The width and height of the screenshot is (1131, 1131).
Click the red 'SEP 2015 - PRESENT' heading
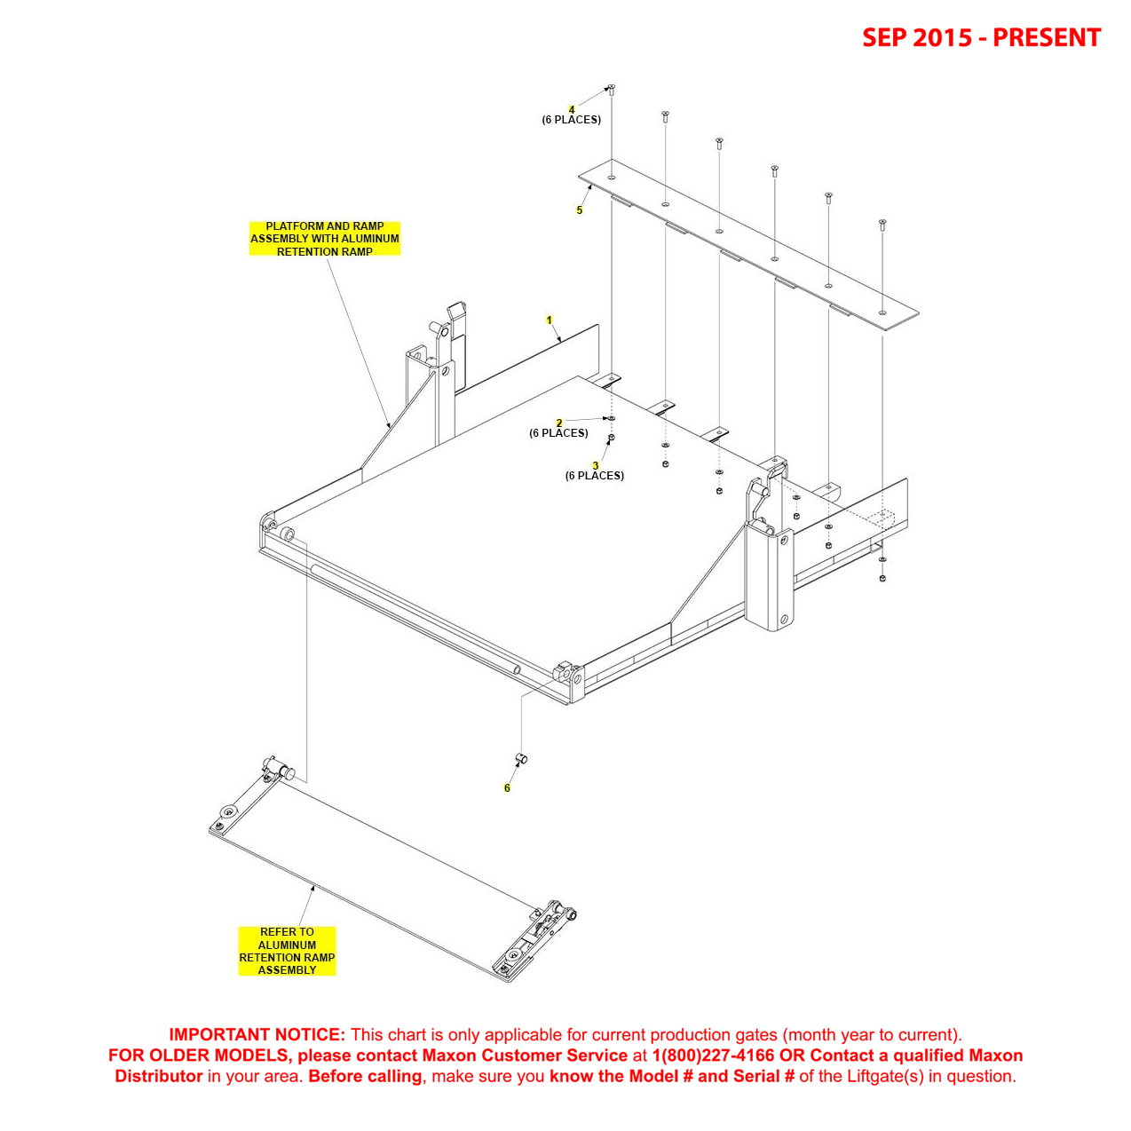point(981,37)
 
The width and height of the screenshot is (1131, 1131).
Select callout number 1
point(550,320)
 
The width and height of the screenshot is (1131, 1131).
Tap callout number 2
point(559,423)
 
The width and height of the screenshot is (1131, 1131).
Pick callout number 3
point(596,465)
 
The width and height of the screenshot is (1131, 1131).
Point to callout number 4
point(572,109)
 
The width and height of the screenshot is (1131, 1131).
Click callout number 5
point(580,210)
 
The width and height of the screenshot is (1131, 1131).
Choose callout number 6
point(507,788)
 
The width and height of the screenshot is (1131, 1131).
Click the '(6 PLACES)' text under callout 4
point(572,120)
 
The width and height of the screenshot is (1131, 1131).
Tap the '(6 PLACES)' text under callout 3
point(595,476)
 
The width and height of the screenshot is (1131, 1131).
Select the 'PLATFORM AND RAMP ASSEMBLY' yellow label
point(325,239)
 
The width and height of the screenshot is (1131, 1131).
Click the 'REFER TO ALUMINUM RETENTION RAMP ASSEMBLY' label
point(287,951)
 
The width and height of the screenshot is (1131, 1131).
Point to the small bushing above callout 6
point(522,757)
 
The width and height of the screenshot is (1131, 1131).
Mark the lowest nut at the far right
point(882,578)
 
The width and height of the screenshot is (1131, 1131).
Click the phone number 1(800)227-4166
point(713,1056)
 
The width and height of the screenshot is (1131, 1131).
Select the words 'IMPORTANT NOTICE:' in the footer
point(257,1034)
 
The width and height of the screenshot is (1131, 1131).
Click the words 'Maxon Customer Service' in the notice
point(525,1056)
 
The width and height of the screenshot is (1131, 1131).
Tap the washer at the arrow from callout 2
point(612,418)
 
